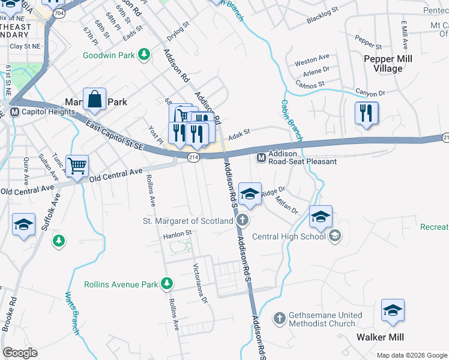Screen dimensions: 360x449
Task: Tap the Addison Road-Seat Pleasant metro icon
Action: (x=261, y=157)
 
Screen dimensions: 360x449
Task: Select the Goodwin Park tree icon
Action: (x=143, y=55)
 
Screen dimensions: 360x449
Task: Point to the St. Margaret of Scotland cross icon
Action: (x=242, y=220)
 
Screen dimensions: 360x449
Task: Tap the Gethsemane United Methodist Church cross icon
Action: (x=279, y=317)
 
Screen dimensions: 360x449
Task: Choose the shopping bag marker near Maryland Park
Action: (x=95, y=100)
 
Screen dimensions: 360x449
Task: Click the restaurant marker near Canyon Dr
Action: (x=366, y=113)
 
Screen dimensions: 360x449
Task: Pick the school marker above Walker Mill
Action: (x=393, y=310)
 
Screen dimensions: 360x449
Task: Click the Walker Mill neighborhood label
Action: (x=379, y=337)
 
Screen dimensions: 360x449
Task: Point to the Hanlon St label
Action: (x=176, y=233)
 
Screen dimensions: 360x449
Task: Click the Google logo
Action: (x=20, y=352)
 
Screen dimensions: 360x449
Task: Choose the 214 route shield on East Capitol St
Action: (x=193, y=157)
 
